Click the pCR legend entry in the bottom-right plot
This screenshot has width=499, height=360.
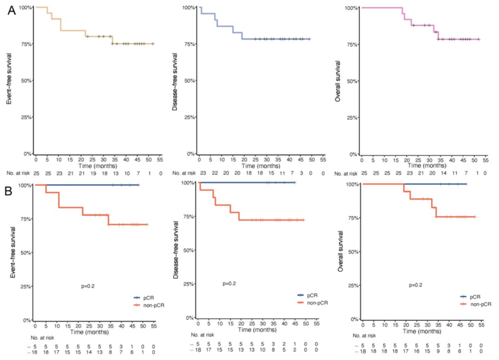pos(475,296)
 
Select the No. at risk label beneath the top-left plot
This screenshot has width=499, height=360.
pos(18,172)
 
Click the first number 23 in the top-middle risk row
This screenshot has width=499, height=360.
pos(200,172)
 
